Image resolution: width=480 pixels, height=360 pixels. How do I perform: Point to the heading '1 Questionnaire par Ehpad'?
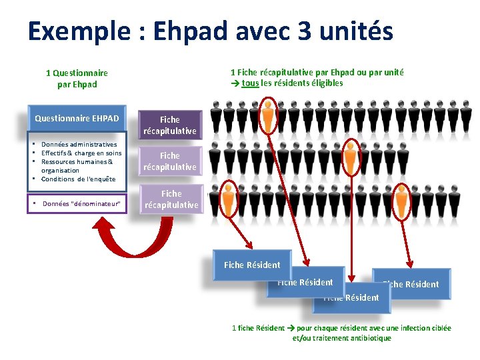pos(77,79)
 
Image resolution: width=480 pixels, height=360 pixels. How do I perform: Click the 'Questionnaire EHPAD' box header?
pos(77,119)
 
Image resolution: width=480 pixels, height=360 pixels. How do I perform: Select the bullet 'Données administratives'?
pos(79,144)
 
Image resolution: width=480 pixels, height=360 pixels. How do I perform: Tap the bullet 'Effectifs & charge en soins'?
pos(81,153)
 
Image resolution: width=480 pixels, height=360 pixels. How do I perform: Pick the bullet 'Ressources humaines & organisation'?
pos(77,165)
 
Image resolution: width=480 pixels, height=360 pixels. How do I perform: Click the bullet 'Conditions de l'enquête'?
pos(78,179)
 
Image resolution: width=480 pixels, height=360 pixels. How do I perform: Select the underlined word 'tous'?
pos(250,83)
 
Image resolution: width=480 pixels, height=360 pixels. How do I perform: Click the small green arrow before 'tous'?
pos(235,83)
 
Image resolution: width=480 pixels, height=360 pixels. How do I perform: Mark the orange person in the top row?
pos(268,117)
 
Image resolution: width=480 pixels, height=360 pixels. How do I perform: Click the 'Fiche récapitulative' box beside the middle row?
pos(169,161)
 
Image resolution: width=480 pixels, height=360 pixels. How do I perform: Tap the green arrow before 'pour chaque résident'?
pos(291,328)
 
